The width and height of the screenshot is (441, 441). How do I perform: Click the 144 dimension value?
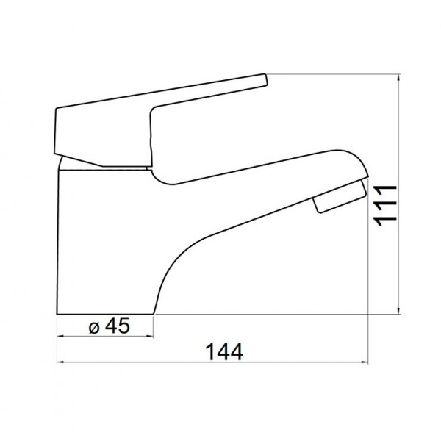tap(224, 351)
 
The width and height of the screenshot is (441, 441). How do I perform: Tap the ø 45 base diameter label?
tap(110, 326)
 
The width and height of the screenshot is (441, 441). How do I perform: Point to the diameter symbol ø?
tap(94, 328)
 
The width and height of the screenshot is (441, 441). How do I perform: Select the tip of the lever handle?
tap(266, 79)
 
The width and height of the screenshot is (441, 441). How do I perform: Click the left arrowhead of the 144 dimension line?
tap(60, 362)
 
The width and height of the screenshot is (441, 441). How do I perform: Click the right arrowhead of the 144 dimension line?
tap(365, 362)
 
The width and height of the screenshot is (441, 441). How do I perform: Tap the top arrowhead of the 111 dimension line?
tap(398, 78)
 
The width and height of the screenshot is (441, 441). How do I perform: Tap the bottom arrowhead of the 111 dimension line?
tap(398, 310)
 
